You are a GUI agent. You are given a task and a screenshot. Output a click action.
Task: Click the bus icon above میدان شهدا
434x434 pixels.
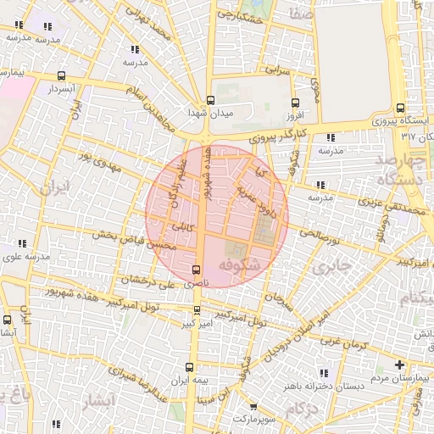211,99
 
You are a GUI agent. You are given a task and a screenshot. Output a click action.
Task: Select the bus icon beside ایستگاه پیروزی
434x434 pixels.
400,108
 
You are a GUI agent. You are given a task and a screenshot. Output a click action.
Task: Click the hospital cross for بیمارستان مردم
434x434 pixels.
399,364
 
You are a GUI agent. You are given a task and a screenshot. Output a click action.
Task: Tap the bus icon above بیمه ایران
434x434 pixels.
189,367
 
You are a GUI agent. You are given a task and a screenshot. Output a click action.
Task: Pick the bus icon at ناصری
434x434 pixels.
198,270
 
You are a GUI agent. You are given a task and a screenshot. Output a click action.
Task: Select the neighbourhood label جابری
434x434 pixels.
331,267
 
